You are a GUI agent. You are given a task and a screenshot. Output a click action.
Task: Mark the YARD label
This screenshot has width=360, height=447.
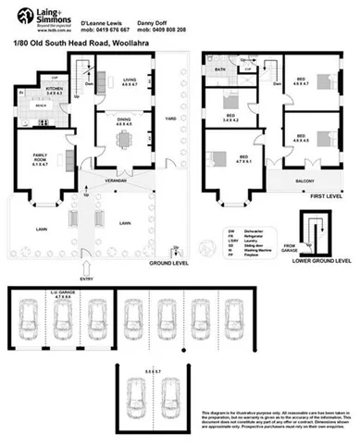pos(169,118)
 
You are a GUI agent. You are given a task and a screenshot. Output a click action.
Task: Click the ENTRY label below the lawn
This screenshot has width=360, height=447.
pos(88,276)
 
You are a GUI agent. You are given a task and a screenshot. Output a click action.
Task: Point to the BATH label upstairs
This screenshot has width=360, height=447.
pos(220,70)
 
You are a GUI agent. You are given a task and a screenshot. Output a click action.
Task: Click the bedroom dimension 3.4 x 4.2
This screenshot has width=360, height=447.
pos(229,119)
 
